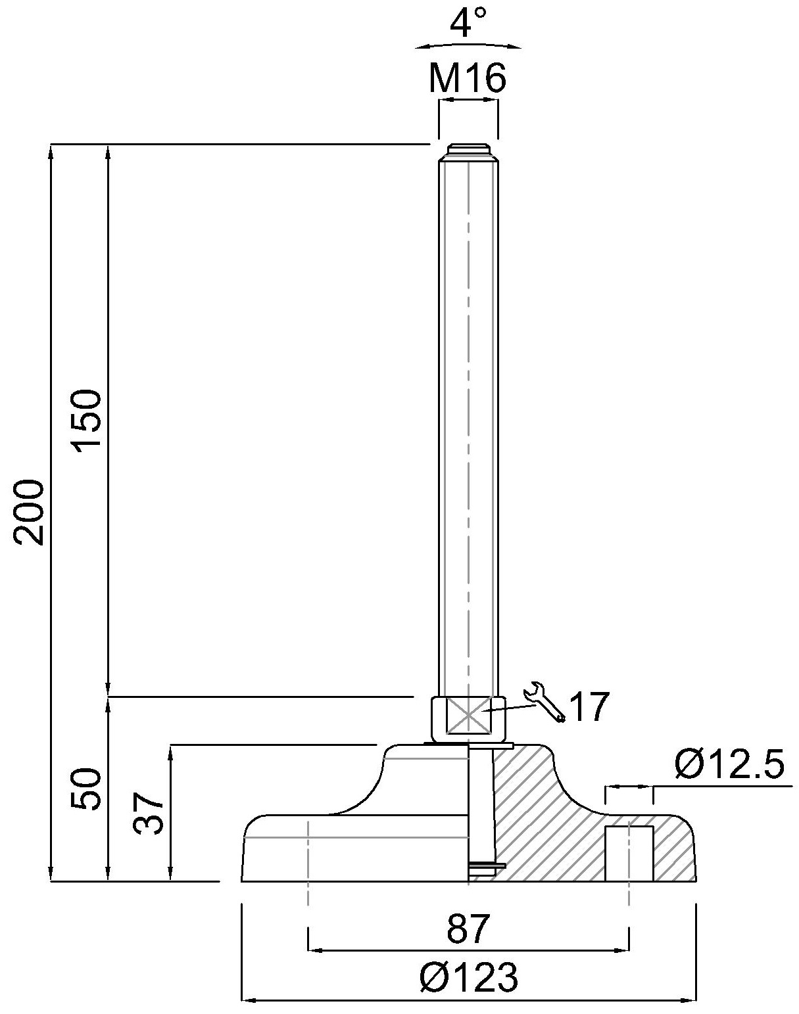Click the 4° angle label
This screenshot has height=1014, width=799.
468,24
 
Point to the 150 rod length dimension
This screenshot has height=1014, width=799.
87,419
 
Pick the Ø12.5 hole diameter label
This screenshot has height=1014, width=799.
729,765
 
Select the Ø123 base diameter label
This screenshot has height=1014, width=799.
468,978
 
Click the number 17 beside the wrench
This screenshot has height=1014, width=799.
589,708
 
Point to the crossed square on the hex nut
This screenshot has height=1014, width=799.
468,716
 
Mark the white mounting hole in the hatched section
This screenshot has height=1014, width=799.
629,853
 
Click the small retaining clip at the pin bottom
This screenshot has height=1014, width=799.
487,867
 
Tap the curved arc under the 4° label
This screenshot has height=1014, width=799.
468,45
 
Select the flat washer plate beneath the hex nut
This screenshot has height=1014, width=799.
468,745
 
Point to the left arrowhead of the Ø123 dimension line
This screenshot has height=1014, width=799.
247,1001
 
